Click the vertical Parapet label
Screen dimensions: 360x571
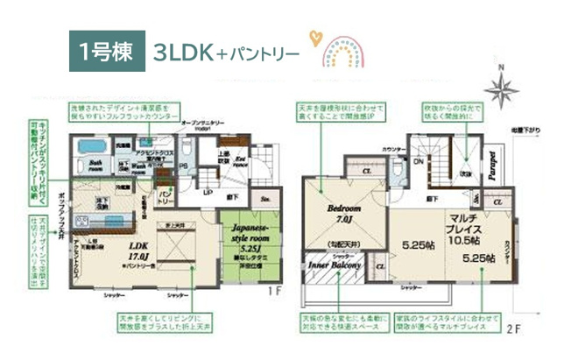tap(493, 166)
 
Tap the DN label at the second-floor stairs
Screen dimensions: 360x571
tap(419, 163)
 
